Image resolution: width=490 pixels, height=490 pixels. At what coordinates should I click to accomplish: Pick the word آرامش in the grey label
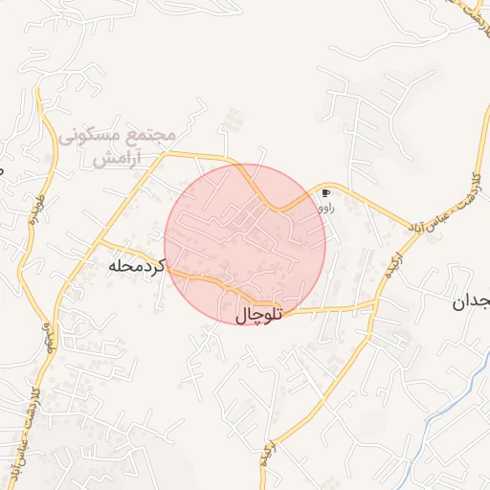(118, 159)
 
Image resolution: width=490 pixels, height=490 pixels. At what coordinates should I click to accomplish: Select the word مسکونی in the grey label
(92, 137)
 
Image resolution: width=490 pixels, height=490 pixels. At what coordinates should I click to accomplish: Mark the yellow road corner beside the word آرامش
(168, 153)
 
